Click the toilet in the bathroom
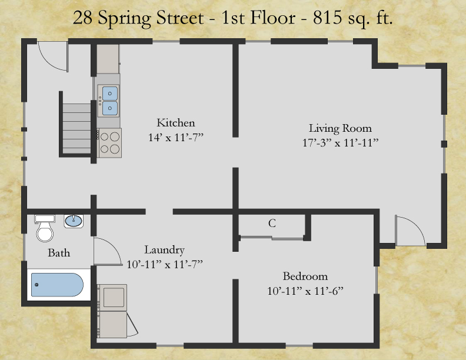[x=45, y=228]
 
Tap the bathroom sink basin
[x=74, y=221]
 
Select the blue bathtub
[x=57, y=285]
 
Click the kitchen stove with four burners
[x=109, y=143]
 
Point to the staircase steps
[x=76, y=128]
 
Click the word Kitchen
[x=176, y=123]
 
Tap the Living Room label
[x=340, y=128]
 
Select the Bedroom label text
[x=305, y=276]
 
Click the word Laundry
[x=164, y=250]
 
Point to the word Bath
[x=59, y=253]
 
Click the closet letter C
[x=272, y=223]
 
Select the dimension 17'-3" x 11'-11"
[x=340, y=143]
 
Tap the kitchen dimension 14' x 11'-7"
[x=176, y=138]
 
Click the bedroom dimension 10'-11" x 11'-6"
[x=305, y=291]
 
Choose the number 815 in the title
[x=328, y=18]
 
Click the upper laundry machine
[x=112, y=298]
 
